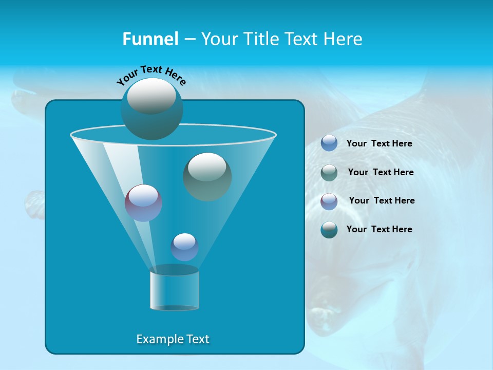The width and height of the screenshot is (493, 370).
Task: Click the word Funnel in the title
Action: coord(150,39)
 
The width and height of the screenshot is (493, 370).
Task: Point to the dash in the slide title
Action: coord(189,40)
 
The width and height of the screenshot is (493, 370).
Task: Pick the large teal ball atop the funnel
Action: coord(151,108)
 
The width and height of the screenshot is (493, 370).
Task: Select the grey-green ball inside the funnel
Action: coord(207,176)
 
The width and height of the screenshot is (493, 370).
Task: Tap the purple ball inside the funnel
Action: coord(144,203)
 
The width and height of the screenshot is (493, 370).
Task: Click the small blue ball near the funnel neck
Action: coord(184,247)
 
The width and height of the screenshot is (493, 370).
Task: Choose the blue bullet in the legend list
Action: coord(329,143)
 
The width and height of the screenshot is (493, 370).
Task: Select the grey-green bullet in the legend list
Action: coord(329,173)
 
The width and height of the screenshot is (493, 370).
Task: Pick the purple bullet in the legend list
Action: coord(329,201)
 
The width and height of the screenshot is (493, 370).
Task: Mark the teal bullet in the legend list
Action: coord(329,230)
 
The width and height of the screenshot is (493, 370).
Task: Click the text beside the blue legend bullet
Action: coord(379,143)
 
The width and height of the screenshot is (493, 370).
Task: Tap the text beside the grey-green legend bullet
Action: coord(381,172)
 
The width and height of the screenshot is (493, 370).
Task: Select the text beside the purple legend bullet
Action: coord(382,200)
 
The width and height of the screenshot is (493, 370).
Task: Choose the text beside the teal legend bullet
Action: coord(379,229)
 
